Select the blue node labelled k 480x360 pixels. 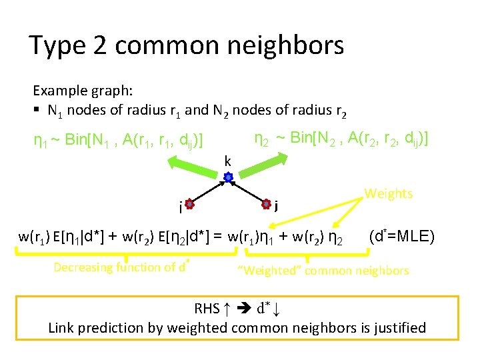pyautogui.click(x=228, y=178)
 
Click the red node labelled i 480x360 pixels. pyautogui.click(x=189, y=205)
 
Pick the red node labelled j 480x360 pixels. pyautogui.click(x=265, y=203)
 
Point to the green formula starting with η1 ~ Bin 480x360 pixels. pyautogui.click(x=118, y=141)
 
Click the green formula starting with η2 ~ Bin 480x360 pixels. pyautogui.click(x=341, y=138)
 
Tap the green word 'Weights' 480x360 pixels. pyautogui.click(x=388, y=194)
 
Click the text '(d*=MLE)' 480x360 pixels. pyautogui.click(x=401, y=235)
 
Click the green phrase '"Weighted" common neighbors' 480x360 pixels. pyautogui.click(x=323, y=271)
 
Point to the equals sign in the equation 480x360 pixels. pyautogui.click(x=221, y=237)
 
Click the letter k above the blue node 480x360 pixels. pyautogui.click(x=228, y=161)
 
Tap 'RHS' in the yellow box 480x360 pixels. pyautogui.click(x=208, y=309)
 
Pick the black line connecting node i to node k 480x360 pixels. pyautogui.click(x=209, y=191)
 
